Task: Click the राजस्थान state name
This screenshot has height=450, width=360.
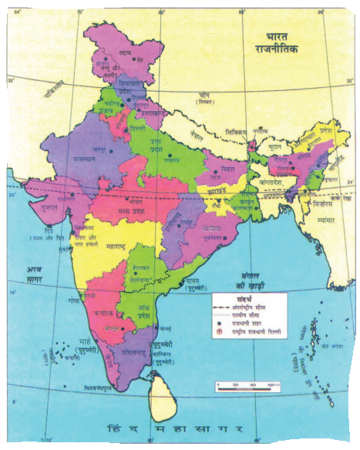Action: click(70, 157)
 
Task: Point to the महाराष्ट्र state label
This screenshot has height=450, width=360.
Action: click(113, 247)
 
